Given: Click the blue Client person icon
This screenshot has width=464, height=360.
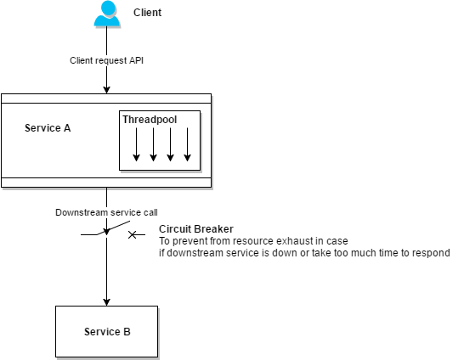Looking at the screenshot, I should point(107,14).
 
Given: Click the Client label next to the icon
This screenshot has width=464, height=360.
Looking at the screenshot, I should point(148,14).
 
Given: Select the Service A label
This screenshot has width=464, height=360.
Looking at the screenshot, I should point(48,128).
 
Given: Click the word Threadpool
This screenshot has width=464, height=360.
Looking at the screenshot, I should point(150,120).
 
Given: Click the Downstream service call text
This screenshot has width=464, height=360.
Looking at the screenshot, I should point(106,211).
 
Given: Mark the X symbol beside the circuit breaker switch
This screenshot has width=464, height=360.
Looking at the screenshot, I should point(133,233).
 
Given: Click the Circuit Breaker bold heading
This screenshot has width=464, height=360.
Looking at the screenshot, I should point(195,229).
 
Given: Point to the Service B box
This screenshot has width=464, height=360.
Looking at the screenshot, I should point(107,331).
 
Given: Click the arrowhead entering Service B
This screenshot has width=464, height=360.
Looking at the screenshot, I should point(107,301).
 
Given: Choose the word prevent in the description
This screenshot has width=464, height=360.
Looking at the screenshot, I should point(190,241).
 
